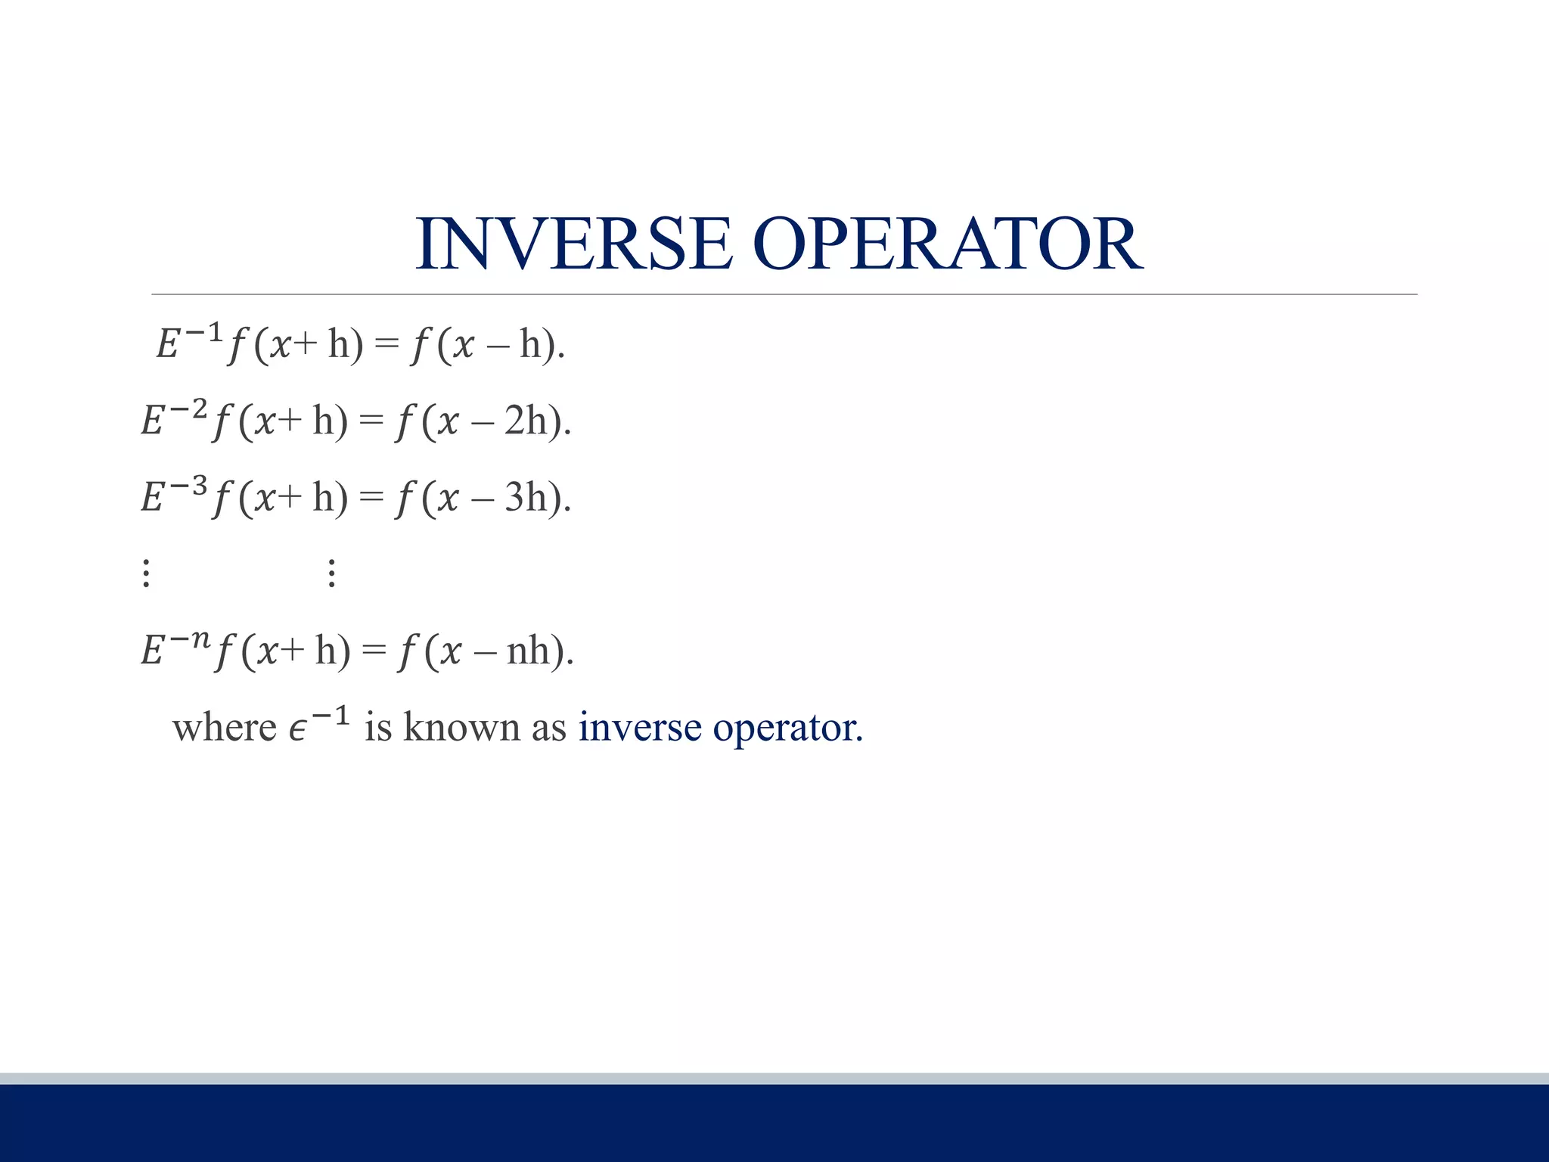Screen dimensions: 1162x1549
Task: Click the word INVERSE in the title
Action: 575,244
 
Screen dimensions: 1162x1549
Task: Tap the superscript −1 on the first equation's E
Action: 203,332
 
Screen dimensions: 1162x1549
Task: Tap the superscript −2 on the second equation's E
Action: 188,409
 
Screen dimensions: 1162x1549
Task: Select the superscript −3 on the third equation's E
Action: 188,486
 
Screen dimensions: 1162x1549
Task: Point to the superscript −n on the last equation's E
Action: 189,639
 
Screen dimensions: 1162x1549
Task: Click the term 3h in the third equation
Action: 526,497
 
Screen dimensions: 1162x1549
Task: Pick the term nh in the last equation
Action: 529,650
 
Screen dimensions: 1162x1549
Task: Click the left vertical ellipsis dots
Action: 147,573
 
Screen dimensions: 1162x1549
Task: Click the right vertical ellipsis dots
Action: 331,573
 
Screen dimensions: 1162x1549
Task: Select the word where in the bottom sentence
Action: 224,728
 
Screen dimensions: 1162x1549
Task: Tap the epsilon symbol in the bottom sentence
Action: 298,730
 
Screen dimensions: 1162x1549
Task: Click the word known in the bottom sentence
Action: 461,727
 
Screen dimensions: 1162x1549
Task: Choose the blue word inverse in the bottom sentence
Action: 640,728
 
